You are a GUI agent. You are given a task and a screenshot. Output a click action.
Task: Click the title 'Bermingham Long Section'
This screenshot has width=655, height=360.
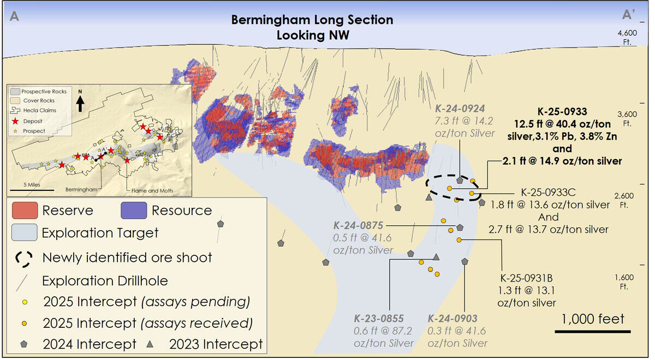(x=312, y=20)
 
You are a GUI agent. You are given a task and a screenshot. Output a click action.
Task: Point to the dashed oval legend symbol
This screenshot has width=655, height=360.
(x=23, y=257)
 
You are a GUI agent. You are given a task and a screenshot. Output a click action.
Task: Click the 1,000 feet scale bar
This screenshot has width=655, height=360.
(x=592, y=331)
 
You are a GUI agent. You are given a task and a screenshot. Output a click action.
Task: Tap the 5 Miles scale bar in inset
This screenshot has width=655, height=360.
(x=31, y=190)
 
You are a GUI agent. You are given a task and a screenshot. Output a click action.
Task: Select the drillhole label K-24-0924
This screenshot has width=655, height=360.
(x=460, y=107)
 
